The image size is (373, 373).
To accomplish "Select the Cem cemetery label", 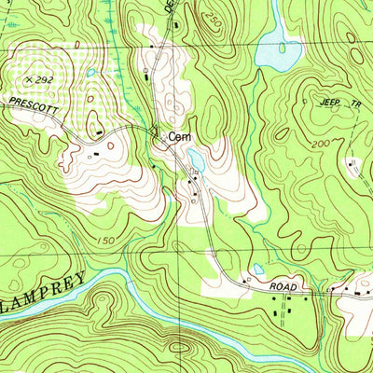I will [x=180, y=137].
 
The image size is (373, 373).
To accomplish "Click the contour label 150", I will [x=109, y=242].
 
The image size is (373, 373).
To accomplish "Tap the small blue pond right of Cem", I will [x=197, y=160].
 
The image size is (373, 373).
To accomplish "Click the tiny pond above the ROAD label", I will [x=258, y=270].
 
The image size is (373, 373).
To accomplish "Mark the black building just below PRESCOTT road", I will [x=97, y=144].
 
